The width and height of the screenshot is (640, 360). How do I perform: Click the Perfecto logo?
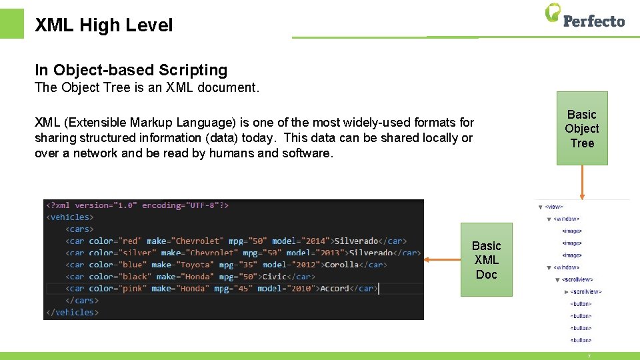(585, 16)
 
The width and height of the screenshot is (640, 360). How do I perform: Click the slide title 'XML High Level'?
(103, 25)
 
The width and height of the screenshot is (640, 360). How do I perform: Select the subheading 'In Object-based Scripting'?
(131, 70)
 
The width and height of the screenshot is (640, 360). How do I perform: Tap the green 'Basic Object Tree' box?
(582, 128)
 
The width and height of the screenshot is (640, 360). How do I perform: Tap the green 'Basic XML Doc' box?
(486, 260)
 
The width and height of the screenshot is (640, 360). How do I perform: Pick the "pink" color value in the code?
(131, 289)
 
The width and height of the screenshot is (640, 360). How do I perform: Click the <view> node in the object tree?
(554, 207)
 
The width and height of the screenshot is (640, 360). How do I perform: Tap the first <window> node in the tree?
(566, 219)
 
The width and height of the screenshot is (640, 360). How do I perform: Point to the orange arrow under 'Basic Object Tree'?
(582, 181)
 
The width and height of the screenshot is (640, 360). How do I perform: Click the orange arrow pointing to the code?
(442, 259)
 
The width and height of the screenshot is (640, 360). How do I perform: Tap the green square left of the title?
(11, 23)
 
